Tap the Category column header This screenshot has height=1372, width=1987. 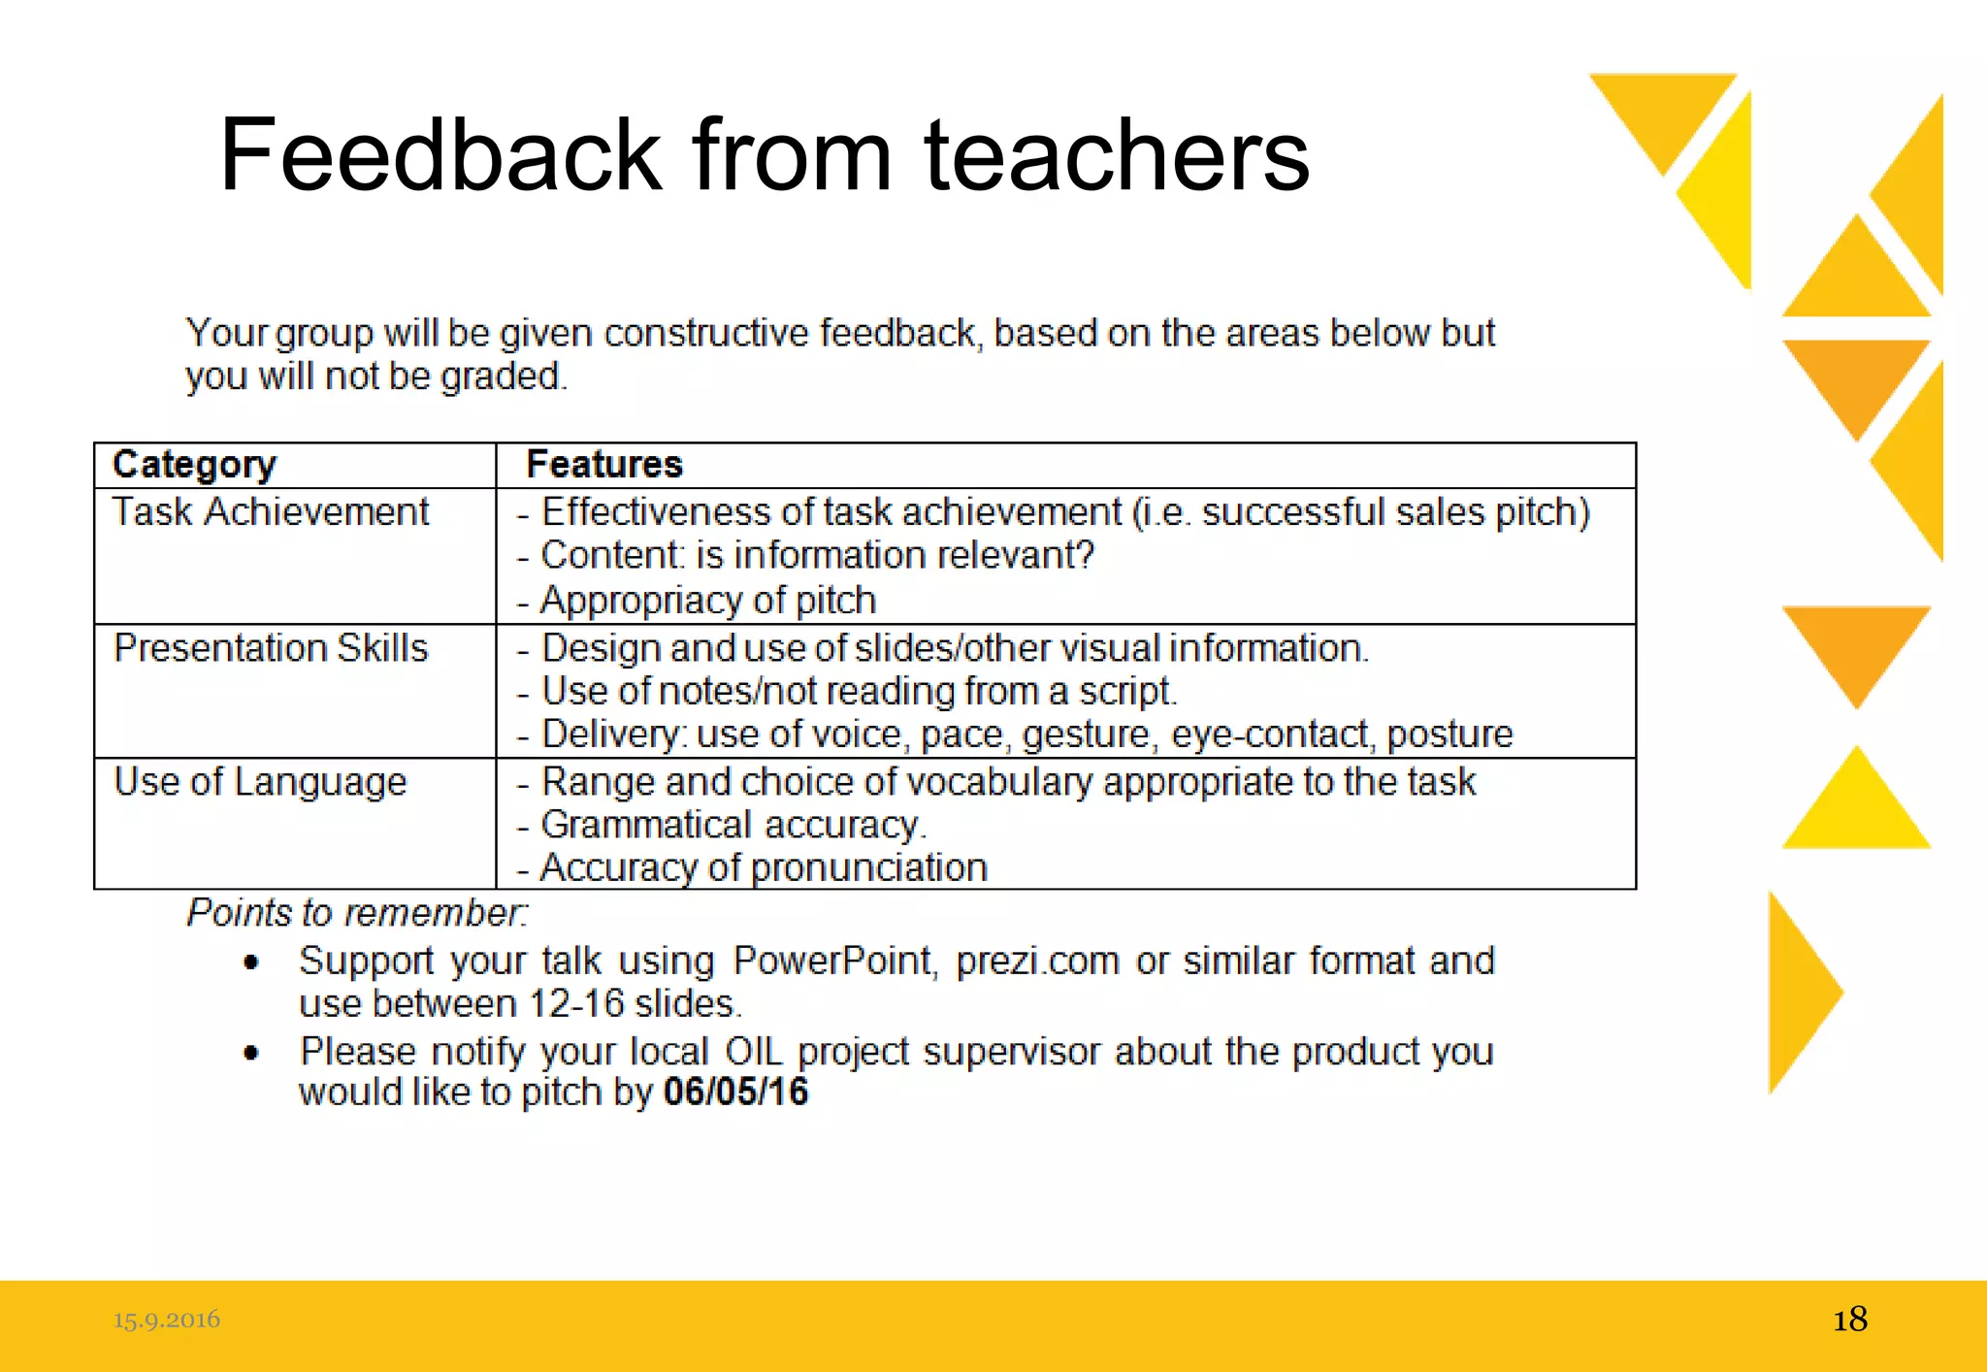pyautogui.click(x=195, y=465)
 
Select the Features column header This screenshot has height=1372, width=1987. pyautogui.click(x=604, y=465)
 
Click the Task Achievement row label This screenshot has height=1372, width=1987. pyautogui.click(x=271, y=512)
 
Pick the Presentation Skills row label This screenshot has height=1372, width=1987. pyautogui.click(x=271, y=648)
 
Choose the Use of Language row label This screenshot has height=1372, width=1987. pyautogui.click(x=260, y=782)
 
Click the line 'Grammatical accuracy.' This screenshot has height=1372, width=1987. pyautogui.click(x=733, y=826)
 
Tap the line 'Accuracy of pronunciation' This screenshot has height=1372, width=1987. pyautogui.click(x=764, y=867)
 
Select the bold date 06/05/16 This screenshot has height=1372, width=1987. pyautogui.click(x=735, y=1093)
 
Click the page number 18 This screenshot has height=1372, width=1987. pyautogui.click(x=1849, y=1320)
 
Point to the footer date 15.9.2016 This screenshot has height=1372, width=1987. pyautogui.click(x=166, y=1320)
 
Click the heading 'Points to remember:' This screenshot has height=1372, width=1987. pyautogui.click(x=358, y=913)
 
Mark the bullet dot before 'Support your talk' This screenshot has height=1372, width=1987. pyautogui.click(x=251, y=963)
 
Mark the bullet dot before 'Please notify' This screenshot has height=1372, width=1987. pyautogui.click(x=251, y=1053)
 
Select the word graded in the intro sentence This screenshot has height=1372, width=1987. pyautogui.click(x=501, y=376)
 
